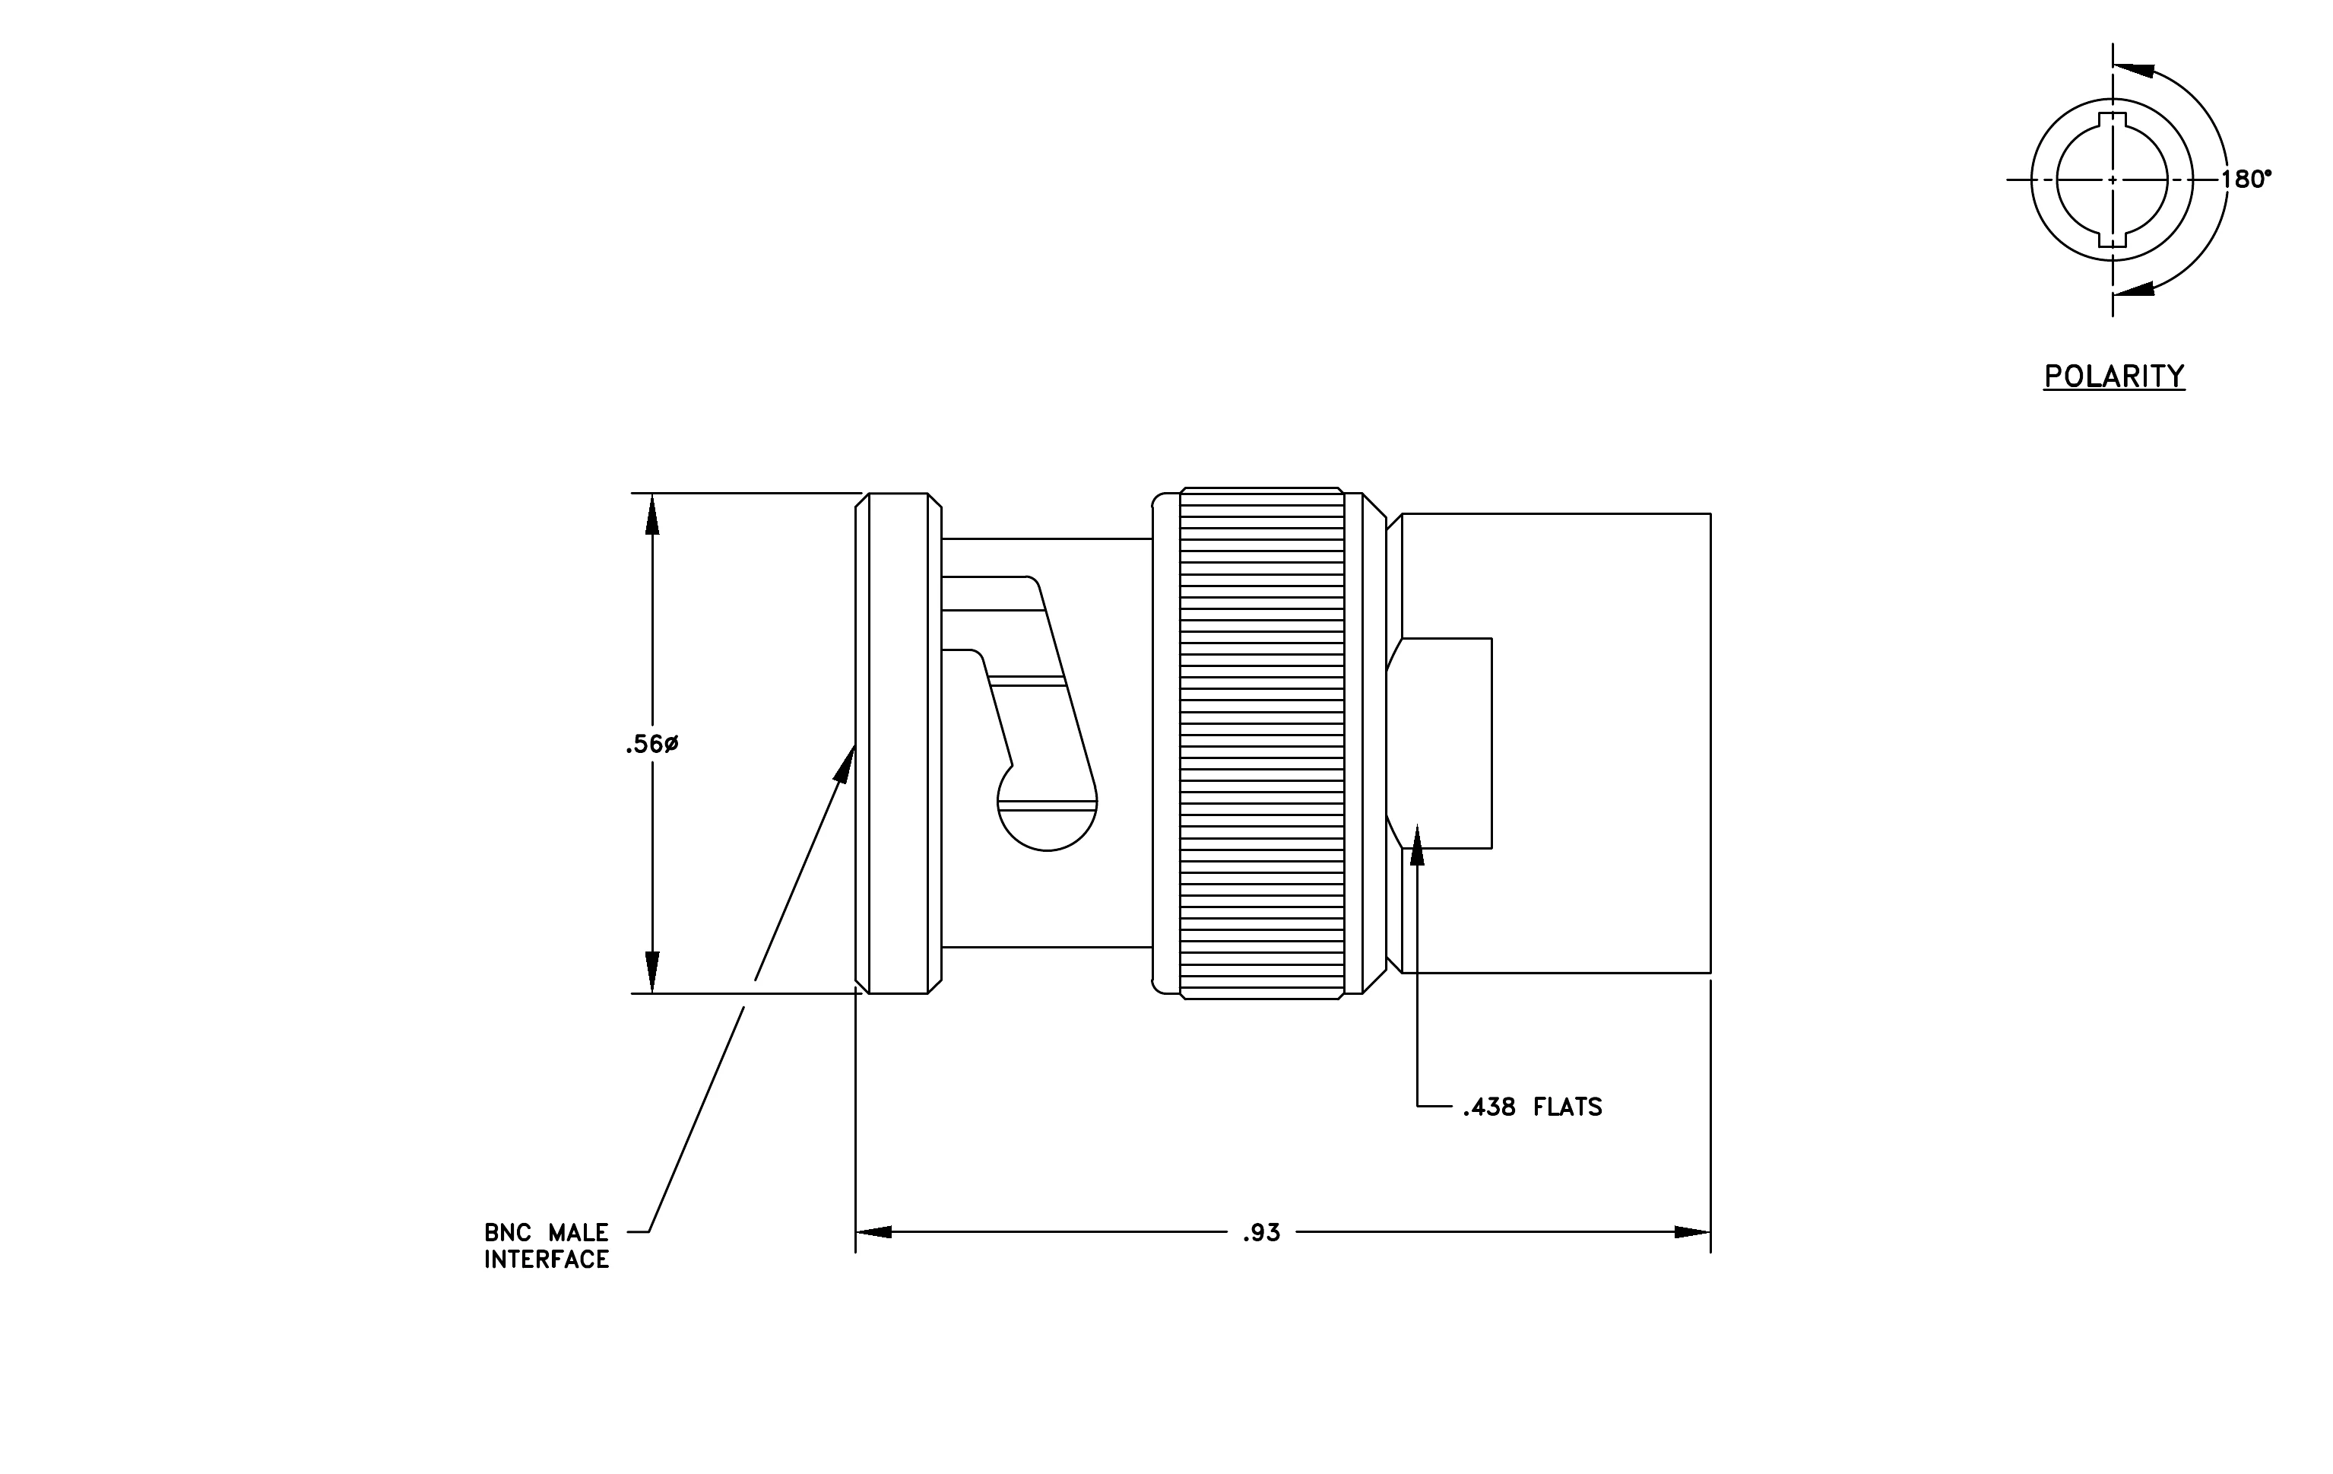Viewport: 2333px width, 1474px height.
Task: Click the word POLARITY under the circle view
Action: click(x=2114, y=376)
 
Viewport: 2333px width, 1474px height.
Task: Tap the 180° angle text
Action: click(x=2246, y=179)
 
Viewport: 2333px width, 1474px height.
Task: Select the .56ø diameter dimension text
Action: click(x=652, y=745)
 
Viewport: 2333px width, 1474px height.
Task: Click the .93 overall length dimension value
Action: click(x=1261, y=1233)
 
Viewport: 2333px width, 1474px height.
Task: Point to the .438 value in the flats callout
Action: click(x=1490, y=1107)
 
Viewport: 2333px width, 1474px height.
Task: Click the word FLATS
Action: click(x=1567, y=1107)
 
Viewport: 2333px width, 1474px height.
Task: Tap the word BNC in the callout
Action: click(x=509, y=1233)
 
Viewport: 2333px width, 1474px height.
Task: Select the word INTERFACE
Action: click(x=547, y=1260)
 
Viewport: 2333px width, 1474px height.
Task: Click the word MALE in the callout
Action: click(x=578, y=1233)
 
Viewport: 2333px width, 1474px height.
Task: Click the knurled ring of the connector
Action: click(x=1263, y=743)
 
